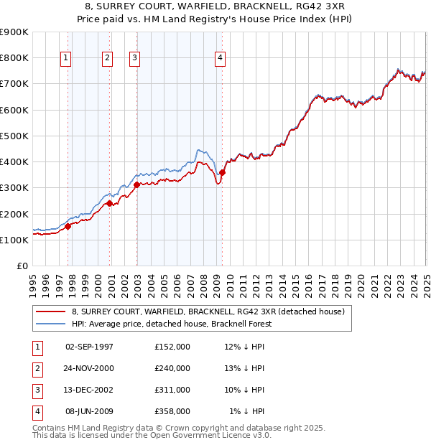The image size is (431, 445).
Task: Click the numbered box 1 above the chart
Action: tap(65, 58)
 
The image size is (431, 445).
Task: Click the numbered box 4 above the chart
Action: tap(219, 58)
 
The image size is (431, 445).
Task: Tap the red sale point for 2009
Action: tap(223, 172)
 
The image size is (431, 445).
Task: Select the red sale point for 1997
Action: tap(68, 226)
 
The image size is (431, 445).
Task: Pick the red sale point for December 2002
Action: tap(136, 184)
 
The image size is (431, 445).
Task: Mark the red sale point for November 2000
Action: tap(110, 203)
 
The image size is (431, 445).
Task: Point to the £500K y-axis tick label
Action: tap(14, 136)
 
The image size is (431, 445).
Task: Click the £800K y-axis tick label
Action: tap(14, 57)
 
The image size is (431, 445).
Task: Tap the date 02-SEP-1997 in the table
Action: tap(89, 347)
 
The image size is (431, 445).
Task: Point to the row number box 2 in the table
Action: tap(36, 368)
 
